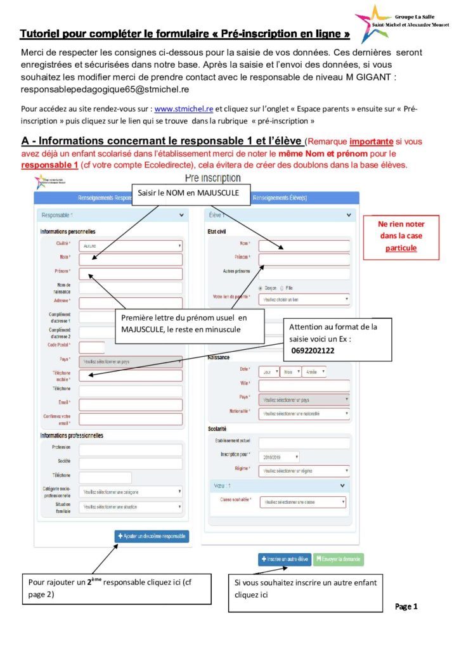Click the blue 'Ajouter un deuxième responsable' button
[152, 536]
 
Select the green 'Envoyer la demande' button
[338, 560]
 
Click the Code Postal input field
[92, 347]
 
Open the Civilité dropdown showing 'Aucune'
[130, 245]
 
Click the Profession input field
[130, 449]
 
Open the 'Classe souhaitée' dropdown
[303, 502]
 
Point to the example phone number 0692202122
[313, 350]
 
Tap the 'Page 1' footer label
[406, 607]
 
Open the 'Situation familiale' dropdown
[130, 507]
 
